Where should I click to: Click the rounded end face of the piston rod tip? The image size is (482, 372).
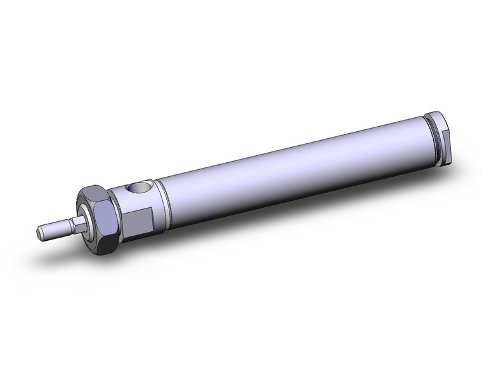click(x=41, y=233)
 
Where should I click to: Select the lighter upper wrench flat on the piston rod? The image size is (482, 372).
click(x=77, y=219)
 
